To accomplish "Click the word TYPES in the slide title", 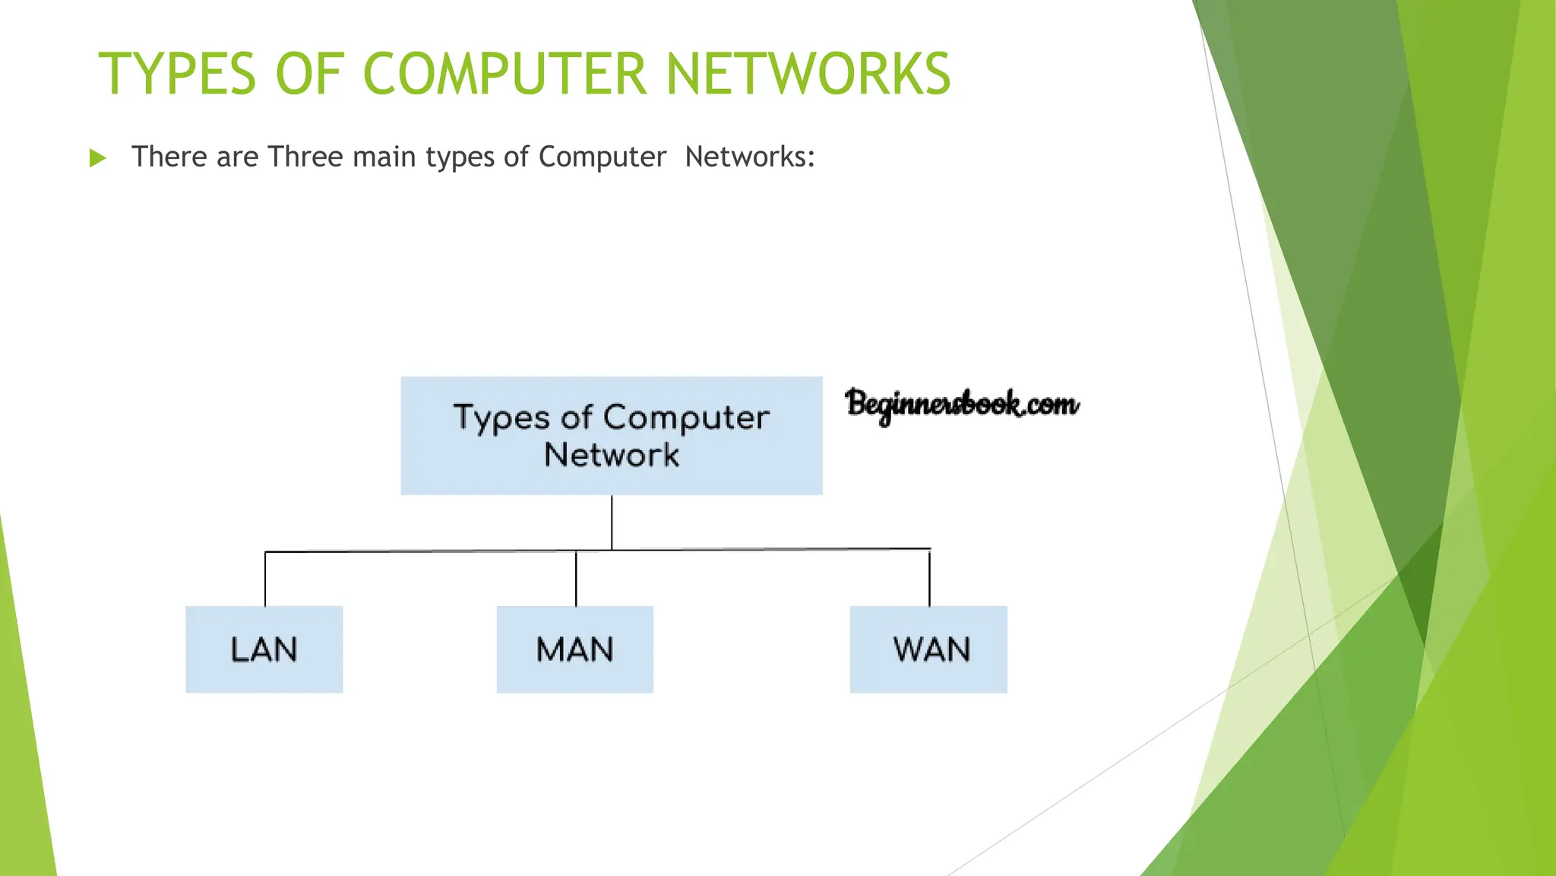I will pos(177,75).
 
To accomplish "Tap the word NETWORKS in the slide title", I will pos(808,75).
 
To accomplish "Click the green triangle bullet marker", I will pos(97,158).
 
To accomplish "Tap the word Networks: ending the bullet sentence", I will pos(750,157).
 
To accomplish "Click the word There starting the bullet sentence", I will pos(169,157).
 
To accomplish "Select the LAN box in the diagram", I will pos(264,649).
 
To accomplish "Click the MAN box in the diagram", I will pos(575,649).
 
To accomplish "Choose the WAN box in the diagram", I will pos(928,649).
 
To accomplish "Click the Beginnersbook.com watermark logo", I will pos(961,405).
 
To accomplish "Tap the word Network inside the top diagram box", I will pos(612,455).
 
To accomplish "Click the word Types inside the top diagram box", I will pos(501,418).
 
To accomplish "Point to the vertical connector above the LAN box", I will pos(265,579).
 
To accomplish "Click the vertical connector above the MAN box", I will pos(576,579).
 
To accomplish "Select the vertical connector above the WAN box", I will pos(929,578).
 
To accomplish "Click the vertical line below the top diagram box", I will pos(612,522).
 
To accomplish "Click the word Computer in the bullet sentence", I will pos(602,157).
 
